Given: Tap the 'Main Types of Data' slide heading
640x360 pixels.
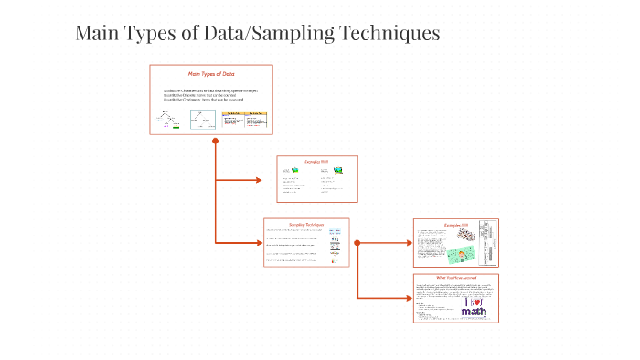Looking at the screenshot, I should pyautogui.click(x=211, y=74).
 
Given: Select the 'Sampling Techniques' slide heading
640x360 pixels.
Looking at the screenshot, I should pyautogui.click(x=306, y=224).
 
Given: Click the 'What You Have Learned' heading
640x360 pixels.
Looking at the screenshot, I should pyautogui.click(x=455, y=278).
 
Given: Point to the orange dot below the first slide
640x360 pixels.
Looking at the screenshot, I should pyautogui.click(x=215, y=141).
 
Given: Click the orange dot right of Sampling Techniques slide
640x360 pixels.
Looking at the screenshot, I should pyautogui.click(x=357, y=243).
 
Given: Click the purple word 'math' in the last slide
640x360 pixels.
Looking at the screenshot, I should pyautogui.click(x=475, y=312).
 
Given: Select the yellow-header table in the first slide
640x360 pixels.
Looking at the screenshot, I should pyautogui.click(x=244, y=120).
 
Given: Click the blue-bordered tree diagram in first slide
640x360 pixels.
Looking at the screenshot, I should pyautogui.click(x=202, y=120).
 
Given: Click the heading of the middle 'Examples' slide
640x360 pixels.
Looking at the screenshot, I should pyautogui.click(x=317, y=161).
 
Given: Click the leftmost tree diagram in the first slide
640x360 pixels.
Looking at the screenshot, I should pyautogui.click(x=167, y=120).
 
